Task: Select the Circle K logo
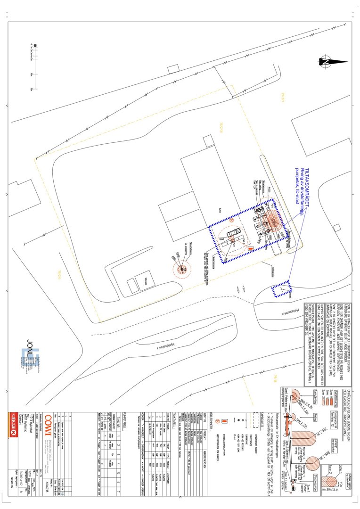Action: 14,422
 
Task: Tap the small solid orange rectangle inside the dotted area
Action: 251,248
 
